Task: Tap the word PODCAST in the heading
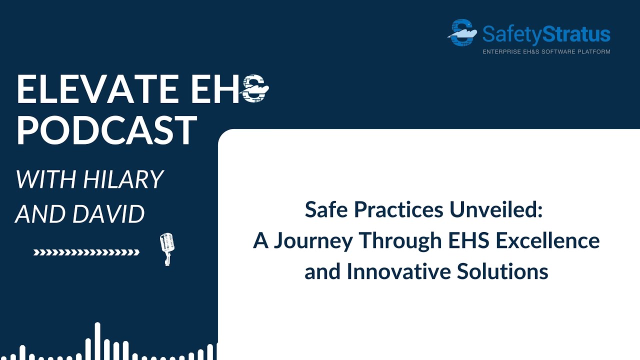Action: pyautogui.click(x=106, y=130)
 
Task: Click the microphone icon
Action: pyautogui.click(x=166, y=248)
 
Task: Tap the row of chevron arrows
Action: pyautogui.click(x=86, y=252)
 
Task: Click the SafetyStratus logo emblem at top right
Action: pyautogui.click(x=461, y=32)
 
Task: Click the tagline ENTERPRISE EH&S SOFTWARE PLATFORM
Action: pyautogui.click(x=546, y=51)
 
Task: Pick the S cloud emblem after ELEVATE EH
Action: pyautogui.click(x=255, y=90)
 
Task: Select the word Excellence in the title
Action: pyautogui.click(x=547, y=240)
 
